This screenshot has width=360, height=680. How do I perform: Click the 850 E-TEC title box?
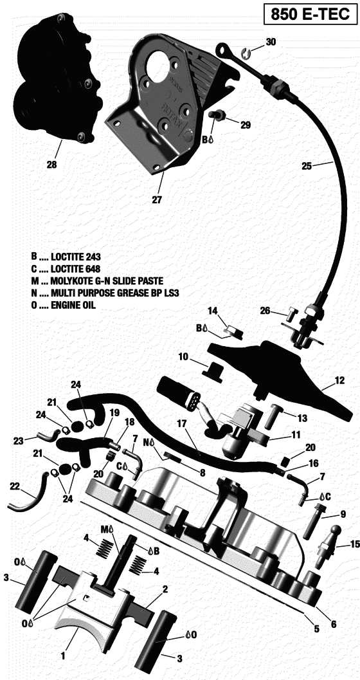tap(309, 14)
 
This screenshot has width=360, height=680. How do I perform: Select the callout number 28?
tap(51, 165)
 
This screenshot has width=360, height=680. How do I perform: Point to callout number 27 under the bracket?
tap(156, 199)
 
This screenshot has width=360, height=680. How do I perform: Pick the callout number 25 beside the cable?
tap(307, 165)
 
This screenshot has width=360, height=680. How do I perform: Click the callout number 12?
tap(339, 387)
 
